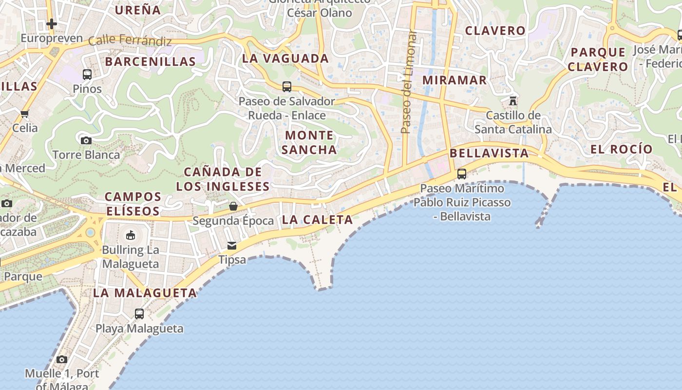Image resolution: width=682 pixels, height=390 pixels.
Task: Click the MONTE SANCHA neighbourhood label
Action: click(x=309, y=142)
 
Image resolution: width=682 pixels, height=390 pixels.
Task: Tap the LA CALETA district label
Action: click(x=317, y=220)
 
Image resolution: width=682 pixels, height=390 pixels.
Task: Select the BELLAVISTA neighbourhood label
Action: click(x=489, y=153)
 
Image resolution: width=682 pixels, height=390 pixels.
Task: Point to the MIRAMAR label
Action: click(x=454, y=80)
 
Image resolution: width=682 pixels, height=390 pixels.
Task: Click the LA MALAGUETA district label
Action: click(x=145, y=293)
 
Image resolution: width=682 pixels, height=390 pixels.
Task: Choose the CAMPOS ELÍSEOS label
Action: click(x=133, y=204)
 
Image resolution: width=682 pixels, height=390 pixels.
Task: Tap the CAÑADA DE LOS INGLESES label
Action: click(x=223, y=179)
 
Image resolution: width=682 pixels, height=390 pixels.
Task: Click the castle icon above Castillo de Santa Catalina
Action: click(x=512, y=101)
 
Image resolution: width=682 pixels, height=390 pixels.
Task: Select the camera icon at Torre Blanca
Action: click(x=86, y=141)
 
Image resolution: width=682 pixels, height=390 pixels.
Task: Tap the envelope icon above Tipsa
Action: click(x=232, y=246)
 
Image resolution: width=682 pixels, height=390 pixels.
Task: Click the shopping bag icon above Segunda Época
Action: click(x=233, y=206)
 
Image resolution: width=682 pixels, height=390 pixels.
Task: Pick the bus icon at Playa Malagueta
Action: click(x=139, y=314)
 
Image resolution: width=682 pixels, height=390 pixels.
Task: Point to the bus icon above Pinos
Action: click(x=87, y=75)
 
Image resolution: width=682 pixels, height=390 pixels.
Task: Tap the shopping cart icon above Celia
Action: click(x=25, y=114)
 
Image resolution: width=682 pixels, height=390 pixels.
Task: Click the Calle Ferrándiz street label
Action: click(x=130, y=40)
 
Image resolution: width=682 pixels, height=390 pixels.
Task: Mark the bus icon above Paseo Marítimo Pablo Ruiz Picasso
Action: click(x=461, y=174)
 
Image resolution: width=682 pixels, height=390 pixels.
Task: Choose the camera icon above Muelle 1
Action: click(x=62, y=360)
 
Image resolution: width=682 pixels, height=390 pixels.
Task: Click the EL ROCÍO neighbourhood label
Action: click(x=621, y=149)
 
